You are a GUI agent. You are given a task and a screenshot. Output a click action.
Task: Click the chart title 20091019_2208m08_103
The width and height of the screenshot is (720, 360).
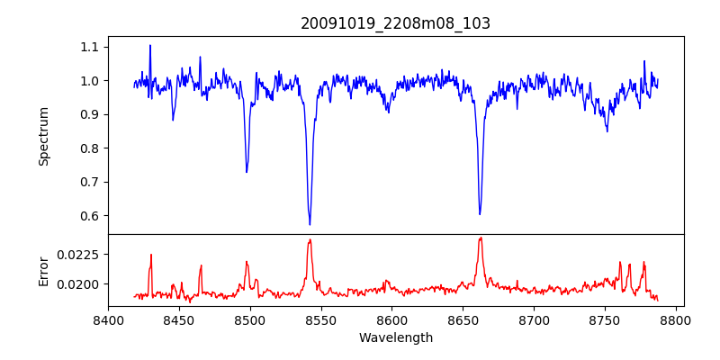coord(395,23)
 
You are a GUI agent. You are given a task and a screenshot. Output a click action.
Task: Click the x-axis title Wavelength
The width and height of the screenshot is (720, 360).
coord(395,337)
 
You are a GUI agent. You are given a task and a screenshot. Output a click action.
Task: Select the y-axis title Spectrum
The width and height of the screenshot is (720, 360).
coord(43,136)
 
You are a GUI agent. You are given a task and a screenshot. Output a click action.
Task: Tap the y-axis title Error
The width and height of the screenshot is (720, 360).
coord(43,271)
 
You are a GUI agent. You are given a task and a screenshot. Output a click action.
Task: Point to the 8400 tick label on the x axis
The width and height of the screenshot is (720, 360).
coord(108,319)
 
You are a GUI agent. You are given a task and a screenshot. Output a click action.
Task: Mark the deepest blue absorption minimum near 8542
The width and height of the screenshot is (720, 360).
coord(310,224)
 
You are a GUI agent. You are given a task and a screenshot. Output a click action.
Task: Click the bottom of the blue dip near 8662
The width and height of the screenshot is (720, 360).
coord(480,213)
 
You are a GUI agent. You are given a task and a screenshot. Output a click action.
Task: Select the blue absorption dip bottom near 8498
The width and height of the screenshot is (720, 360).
coord(247,172)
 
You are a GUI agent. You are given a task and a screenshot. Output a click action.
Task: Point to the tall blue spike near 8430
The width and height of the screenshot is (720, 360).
coord(150,46)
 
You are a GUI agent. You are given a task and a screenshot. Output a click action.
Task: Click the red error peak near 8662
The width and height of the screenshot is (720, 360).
coord(481,238)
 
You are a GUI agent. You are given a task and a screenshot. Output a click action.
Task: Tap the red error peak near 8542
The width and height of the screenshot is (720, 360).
coord(310,239)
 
